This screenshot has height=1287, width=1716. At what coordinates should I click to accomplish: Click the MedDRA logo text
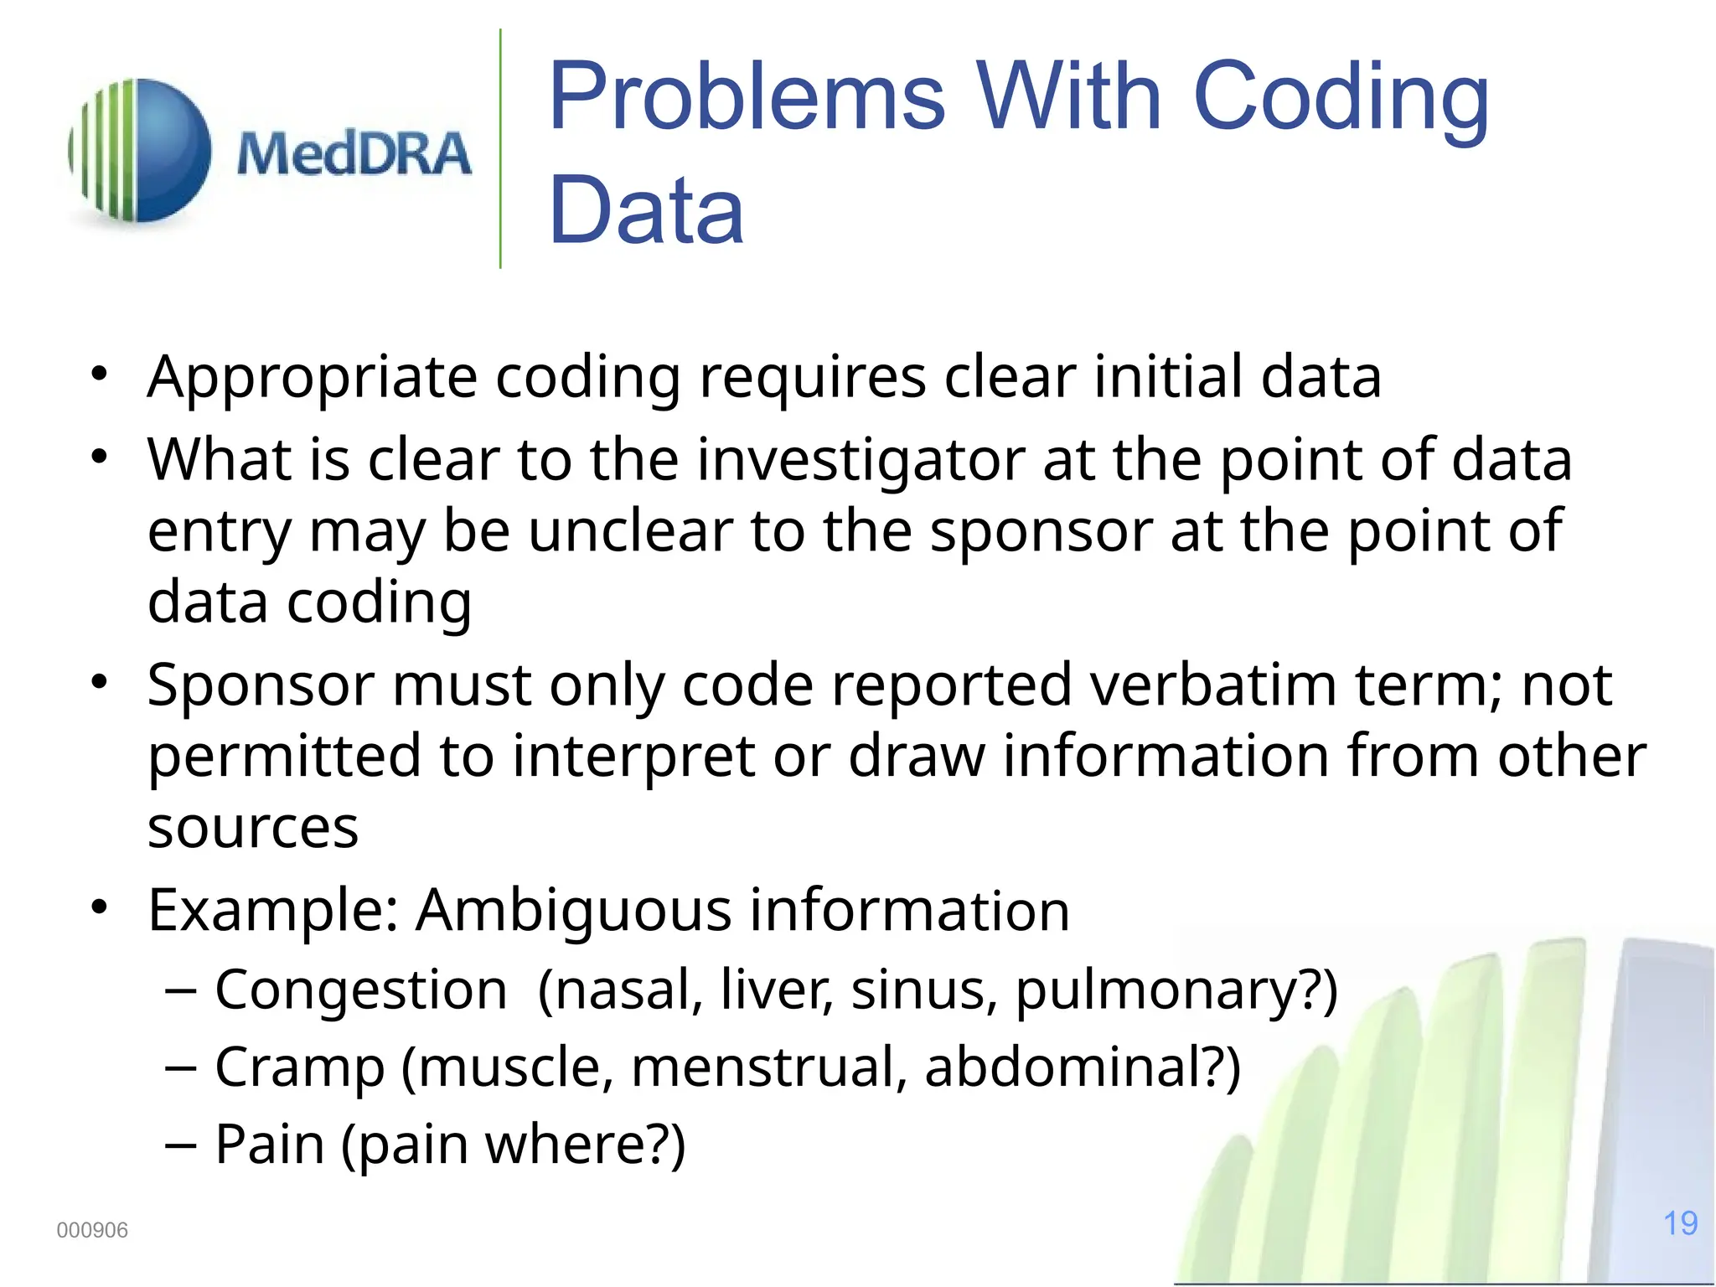354,154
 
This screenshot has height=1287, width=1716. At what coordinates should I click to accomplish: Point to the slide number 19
1680,1223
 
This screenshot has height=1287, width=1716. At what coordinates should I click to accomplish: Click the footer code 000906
92,1230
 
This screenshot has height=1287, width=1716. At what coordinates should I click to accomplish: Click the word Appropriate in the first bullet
312,377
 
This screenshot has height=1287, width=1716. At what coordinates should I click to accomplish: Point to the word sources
253,828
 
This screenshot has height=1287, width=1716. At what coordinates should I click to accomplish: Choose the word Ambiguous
574,910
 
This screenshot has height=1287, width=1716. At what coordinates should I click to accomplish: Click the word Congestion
361,990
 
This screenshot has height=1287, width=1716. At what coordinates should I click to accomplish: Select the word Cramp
300,1067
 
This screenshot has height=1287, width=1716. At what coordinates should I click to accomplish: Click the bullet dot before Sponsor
100,682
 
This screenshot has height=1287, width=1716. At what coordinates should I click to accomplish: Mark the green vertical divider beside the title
500,149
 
